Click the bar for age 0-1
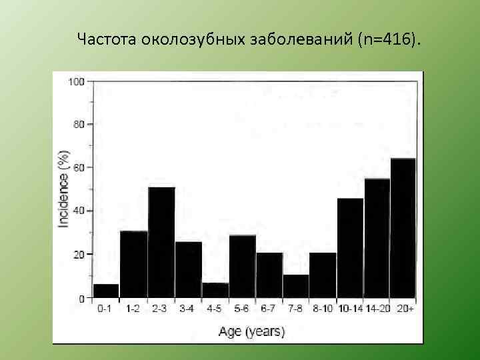tap(107, 291)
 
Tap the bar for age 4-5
tap(215, 290)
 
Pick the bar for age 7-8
tap(296, 286)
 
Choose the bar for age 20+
tap(403, 227)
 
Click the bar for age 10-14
tap(350, 247)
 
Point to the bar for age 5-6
tap(243, 266)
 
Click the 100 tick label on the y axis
tap(76, 82)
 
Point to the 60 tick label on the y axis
tap(79, 168)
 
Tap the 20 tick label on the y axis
tap(79, 255)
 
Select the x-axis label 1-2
tap(133, 309)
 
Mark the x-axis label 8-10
tap(323, 309)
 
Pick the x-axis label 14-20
tap(377, 309)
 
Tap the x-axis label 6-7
tap(269, 309)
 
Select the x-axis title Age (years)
tap(251, 331)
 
